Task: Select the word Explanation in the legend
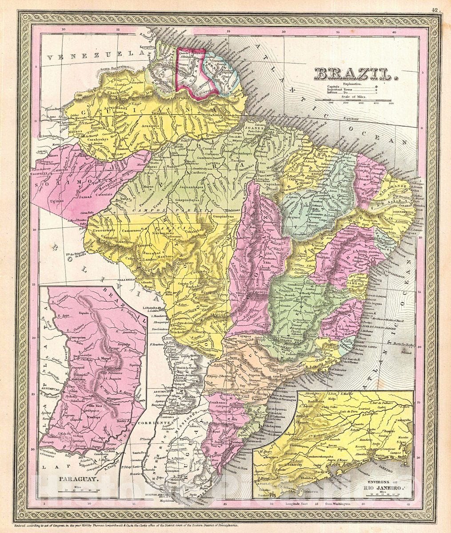click(x=353, y=84)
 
